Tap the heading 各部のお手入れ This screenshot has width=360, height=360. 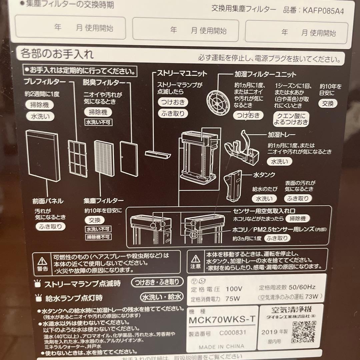click(x=57, y=54)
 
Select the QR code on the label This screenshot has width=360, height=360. click(x=303, y=332)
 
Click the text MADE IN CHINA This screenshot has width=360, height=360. click(x=221, y=347)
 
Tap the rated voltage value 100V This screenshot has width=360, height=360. click(x=234, y=289)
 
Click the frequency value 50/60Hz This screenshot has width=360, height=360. click(x=302, y=287)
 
